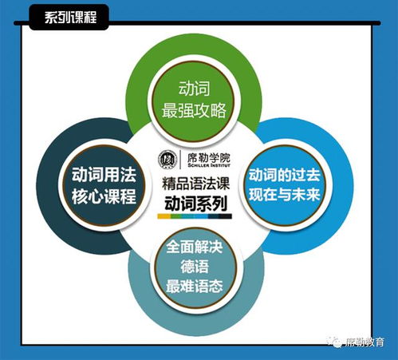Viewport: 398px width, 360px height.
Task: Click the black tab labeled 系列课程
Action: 69,17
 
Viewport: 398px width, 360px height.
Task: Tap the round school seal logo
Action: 167,160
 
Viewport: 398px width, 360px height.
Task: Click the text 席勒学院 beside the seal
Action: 209,158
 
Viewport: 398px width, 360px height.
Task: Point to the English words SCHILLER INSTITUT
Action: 209,165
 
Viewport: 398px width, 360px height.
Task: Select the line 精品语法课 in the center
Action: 195,184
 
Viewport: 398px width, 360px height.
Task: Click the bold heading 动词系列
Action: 195,204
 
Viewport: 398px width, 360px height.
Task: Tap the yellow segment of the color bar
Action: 164,216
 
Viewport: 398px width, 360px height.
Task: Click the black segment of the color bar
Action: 225,216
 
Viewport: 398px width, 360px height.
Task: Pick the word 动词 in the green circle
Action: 194,89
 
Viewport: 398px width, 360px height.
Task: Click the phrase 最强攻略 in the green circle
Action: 194,110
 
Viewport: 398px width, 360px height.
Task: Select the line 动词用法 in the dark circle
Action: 104,175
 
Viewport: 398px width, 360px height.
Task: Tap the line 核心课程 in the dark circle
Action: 104,196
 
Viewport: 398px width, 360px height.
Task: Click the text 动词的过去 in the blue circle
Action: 284,175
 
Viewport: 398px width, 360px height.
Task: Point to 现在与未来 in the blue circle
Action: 284,195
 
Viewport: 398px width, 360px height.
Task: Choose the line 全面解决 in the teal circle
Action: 195,247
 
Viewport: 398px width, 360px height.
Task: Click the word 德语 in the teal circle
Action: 195,267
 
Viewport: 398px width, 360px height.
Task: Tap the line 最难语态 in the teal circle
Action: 195,287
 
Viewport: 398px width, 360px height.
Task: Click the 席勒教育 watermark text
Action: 365,342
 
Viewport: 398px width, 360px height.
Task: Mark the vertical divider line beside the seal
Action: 182,160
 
